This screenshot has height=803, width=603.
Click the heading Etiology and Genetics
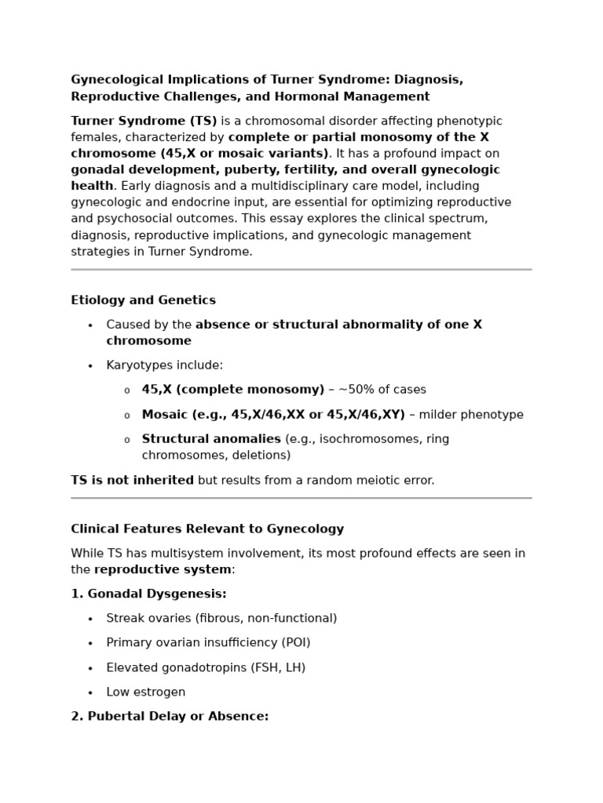coord(143,300)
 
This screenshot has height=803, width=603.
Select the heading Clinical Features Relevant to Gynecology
coord(207,529)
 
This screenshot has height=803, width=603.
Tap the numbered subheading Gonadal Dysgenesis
coord(148,594)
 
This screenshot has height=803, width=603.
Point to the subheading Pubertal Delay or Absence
coord(170,716)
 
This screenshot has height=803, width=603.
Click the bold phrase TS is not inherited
coord(132,480)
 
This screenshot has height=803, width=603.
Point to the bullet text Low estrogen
coord(146,692)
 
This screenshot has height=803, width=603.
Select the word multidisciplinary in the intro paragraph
coord(255,186)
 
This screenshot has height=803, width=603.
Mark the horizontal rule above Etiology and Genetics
coord(301,270)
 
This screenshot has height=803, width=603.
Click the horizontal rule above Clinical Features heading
coord(301,498)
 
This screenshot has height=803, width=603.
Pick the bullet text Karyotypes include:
coord(165,365)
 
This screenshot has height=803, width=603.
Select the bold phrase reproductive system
coord(163,569)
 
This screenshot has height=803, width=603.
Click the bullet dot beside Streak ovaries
coord(90,619)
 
